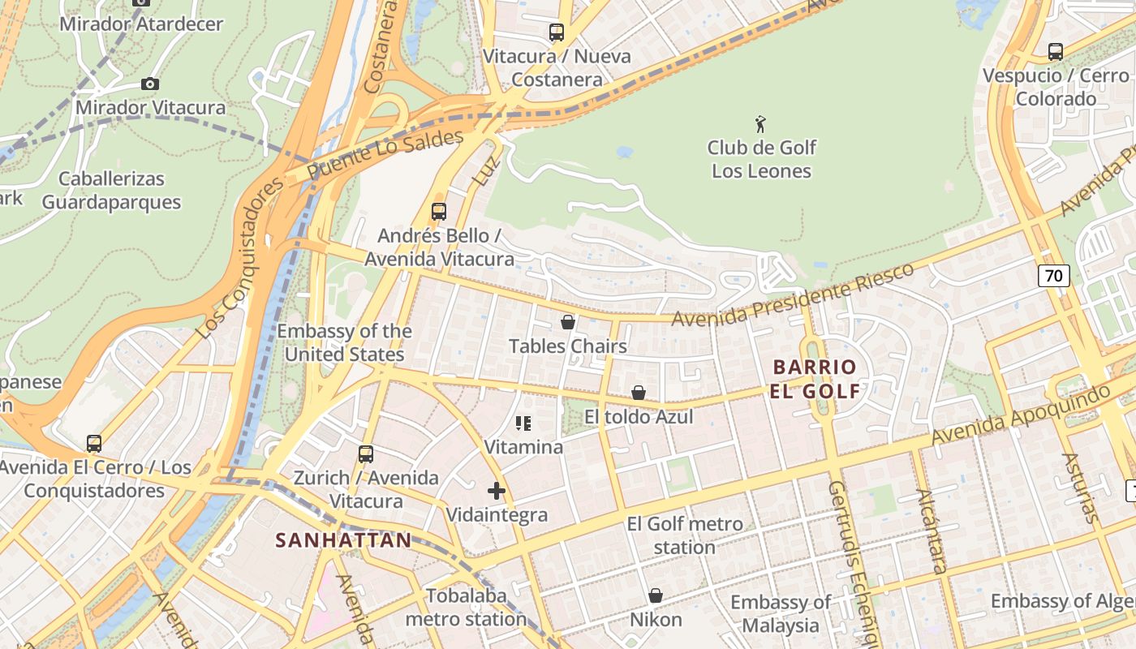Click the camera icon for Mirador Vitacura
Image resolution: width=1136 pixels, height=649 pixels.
pyautogui.click(x=149, y=84)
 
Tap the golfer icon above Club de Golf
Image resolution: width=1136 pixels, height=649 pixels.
pyautogui.click(x=760, y=124)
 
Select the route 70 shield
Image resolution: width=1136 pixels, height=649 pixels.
pyautogui.click(x=1053, y=276)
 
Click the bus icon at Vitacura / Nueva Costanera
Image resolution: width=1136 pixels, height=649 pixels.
pyautogui.click(x=556, y=32)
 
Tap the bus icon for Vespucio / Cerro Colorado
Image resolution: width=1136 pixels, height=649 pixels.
pyautogui.click(x=1055, y=52)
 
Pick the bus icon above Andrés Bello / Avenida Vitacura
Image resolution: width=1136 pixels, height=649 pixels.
pyautogui.click(x=439, y=212)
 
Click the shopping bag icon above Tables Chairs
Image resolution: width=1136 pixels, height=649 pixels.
pyautogui.click(x=568, y=322)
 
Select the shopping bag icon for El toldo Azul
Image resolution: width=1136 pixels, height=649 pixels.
pyautogui.click(x=639, y=393)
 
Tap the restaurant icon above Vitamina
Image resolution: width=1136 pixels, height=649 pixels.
pyautogui.click(x=523, y=423)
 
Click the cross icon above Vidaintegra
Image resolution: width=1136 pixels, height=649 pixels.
pyautogui.click(x=497, y=490)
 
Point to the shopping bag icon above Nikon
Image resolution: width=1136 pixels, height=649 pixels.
pyautogui.click(x=656, y=595)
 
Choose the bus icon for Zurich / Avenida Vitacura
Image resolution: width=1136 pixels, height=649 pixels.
pyautogui.click(x=366, y=453)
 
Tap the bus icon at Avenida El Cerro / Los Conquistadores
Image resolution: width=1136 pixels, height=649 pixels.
pyautogui.click(x=94, y=444)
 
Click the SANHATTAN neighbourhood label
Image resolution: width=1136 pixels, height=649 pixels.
pyautogui.click(x=343, y=540)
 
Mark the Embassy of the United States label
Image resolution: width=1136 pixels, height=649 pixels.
pyautogui.click(x=344, y=342)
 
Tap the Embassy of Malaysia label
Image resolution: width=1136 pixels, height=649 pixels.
pyautogui.click(x=780, y=613)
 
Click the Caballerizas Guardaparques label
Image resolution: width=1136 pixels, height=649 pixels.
pyautogui.click(x=111, y=190)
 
